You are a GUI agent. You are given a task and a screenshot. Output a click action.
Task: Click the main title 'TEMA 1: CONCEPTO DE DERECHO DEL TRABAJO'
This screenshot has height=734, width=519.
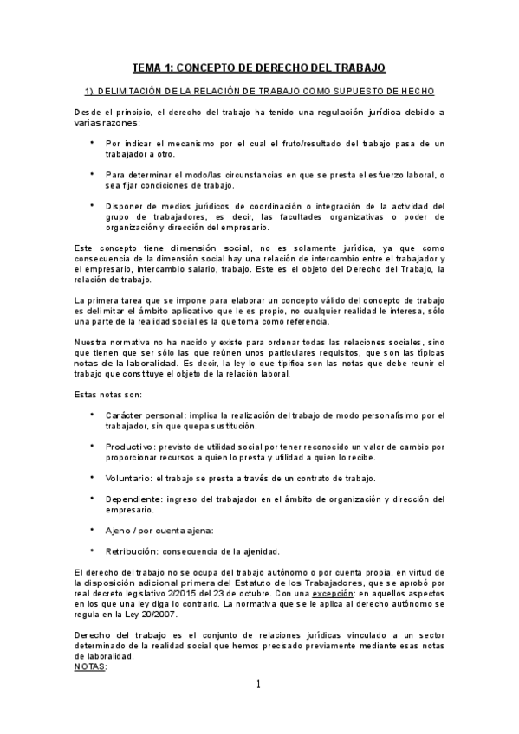(x=259, y=67)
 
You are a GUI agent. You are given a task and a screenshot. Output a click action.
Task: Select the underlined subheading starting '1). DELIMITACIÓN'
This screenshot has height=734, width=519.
(x=259, y=91)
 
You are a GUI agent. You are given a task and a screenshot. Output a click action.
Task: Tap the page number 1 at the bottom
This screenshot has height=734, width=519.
(x=258, y=685)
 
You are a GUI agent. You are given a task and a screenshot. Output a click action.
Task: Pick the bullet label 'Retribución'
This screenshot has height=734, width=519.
(x=131, y=550)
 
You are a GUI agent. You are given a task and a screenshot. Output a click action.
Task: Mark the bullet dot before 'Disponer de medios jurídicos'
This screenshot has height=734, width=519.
(x=94, y=205)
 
